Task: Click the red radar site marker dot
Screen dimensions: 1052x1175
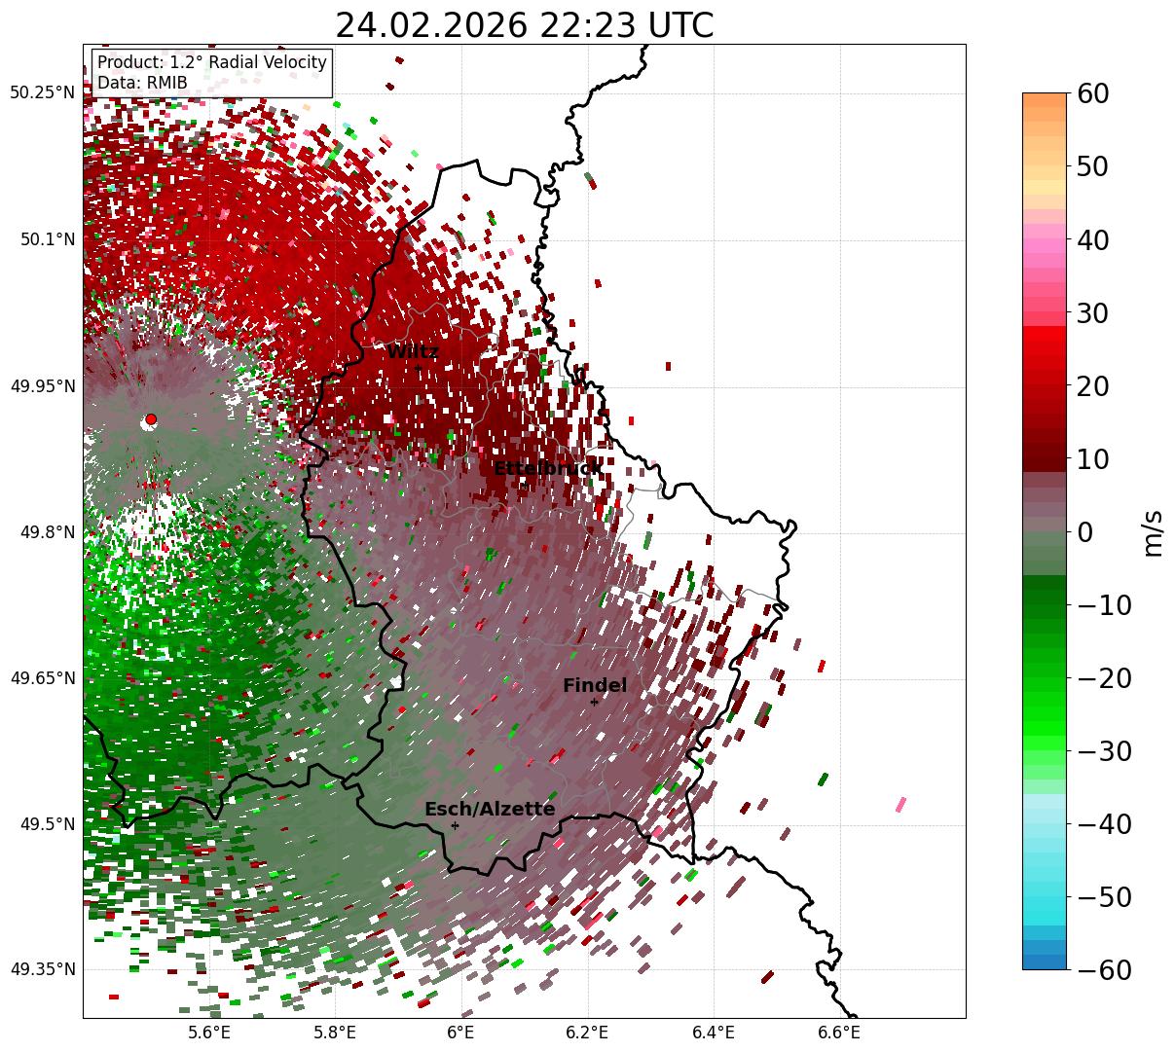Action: tap(151, 418)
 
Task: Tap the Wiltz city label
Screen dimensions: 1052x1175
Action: tap(413, 352)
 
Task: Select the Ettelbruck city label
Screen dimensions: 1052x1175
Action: tap(547, 469)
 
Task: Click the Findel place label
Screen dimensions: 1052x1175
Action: tap(595, 686)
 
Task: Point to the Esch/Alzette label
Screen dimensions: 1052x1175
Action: tap(490, 809)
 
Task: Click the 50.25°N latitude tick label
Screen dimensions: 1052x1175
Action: tap(43, 93)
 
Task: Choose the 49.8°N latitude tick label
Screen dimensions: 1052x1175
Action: tap(46, 532)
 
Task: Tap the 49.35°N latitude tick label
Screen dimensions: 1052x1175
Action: tap(43, 969)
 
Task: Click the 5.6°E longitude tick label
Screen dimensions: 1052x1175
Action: tap(209, 1033)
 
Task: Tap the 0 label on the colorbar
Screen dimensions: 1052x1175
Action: tap(1084, 532)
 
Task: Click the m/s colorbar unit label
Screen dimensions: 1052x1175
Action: tap(1154, 532)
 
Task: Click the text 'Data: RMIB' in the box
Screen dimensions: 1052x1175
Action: tap(142, 83)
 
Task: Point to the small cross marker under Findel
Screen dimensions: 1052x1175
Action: tap(594, 702)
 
